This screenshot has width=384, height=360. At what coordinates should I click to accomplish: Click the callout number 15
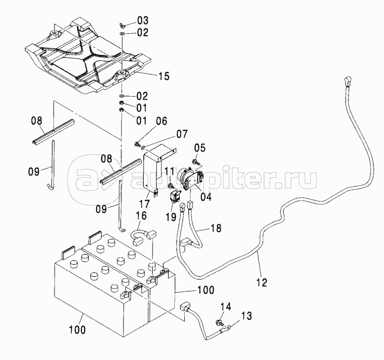tap(163, 76)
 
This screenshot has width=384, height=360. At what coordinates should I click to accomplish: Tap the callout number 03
tap(143, 20)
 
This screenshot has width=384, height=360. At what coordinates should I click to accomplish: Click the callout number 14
tap(226, 306)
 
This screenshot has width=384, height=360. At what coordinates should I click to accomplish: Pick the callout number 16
tap(141, 216)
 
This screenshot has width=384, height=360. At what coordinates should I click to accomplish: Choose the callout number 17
tap(144, 203)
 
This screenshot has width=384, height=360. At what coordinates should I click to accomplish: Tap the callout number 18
tap(216, 228)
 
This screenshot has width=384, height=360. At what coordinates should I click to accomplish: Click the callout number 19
tap(170, 217)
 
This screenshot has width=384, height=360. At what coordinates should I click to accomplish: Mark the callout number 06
tap(161, 121)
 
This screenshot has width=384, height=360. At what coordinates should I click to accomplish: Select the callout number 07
tap(182, 134)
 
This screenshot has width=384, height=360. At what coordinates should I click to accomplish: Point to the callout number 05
tap(200, 148)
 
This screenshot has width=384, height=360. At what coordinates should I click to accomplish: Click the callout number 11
tap(170, 171)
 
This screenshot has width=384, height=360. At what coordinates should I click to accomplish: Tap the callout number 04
tap(205, 197)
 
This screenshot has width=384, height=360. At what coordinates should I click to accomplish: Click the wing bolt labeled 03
tap(122, 24)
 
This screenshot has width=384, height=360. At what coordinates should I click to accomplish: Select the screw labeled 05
tap(196, 162)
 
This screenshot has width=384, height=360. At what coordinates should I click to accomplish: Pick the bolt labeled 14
tap(219, 323)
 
